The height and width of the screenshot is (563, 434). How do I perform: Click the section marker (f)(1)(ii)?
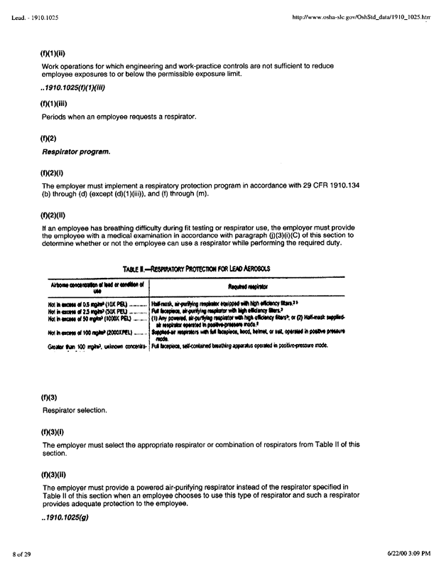click(53, 53)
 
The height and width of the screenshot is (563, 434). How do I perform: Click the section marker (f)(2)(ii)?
click(53, 213)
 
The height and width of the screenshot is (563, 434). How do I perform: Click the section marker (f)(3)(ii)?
click(53, 472)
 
